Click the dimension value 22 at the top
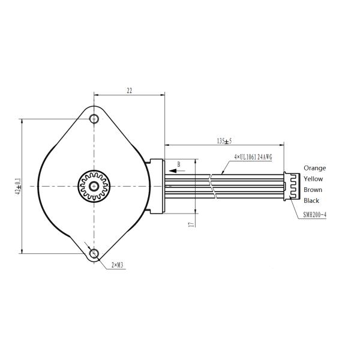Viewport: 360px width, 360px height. [129, 91]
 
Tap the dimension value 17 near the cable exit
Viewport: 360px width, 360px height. [190, 224]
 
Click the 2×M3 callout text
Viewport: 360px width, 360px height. [118, 265]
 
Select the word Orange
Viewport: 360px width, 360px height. [314, 168]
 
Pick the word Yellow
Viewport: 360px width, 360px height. [313, 179]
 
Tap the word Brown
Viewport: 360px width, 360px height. [313, 190]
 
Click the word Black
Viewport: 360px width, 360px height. [311, 200]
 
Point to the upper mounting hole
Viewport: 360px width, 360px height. [94, 118]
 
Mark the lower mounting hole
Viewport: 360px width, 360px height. [94, 254]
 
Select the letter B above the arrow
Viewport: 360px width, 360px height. [179, 163]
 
